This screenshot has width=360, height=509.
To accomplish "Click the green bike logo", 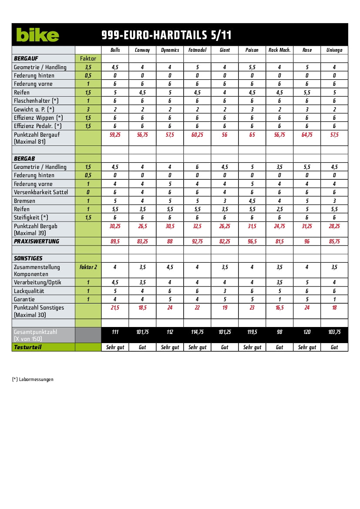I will tap(37, 35).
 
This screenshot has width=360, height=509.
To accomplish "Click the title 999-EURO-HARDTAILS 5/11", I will tap(166, 35).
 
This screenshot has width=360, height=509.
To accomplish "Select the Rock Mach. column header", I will tap(279, 50).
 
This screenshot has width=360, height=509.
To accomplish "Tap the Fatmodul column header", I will tap(197, 50).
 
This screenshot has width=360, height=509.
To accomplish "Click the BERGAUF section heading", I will tap(27, 58).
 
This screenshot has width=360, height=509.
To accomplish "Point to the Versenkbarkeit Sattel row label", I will tap(41, 192).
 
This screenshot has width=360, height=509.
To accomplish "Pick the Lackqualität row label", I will tap(29, 291).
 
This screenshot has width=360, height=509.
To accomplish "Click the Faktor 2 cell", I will tap(88, 267).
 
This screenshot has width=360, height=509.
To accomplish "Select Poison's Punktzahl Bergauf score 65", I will tap(252, 135).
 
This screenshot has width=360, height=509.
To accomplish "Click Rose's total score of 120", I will tap(307, 332).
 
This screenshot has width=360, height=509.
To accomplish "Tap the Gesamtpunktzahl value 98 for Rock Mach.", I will tap(279, 332).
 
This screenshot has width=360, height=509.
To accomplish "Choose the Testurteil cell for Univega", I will tap(334, 347).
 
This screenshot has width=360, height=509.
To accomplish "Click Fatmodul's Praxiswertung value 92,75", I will tap(197, 242).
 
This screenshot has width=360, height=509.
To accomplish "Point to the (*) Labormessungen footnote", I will tap(33, 379).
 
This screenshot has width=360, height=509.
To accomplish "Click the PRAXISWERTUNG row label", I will tap(37, 242).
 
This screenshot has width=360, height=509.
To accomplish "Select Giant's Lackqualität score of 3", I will tap(225, 291).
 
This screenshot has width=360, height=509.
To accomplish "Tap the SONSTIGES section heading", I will tap(28, 258).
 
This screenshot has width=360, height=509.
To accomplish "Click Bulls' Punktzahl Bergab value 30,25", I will tap(115, 226).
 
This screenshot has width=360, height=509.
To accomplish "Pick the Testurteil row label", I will tap(27, 347).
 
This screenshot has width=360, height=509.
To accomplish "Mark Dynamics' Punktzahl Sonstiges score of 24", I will tap(170, 308).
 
